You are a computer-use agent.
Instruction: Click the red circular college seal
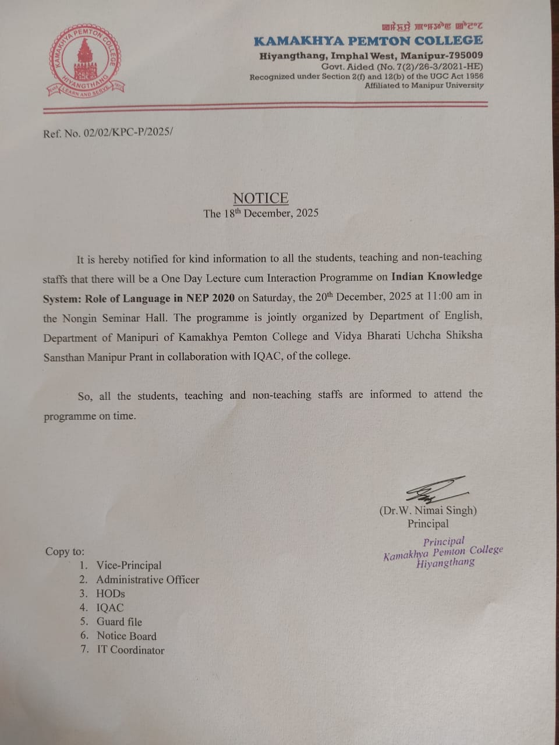tap(85, 61)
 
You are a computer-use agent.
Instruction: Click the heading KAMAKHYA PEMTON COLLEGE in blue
tap(368, 41)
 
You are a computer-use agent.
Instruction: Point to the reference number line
tap(108, 133)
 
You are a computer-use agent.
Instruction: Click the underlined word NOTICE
tap(261, 198)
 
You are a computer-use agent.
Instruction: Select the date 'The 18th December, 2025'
tap(261, 213)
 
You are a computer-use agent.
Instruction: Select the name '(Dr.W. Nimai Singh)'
tap(428, 510)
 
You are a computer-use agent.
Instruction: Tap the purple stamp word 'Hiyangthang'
tap(445, 563)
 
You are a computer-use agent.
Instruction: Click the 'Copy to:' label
tap(65, 551)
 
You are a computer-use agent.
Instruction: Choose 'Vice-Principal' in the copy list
tap(129, 565)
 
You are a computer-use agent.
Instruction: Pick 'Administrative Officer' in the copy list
tap(147, 580)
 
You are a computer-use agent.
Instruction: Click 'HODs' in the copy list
tap(111, 594)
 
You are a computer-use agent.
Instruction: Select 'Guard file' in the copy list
tap(119, 622)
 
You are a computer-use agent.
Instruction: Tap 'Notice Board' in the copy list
tap(126, 636)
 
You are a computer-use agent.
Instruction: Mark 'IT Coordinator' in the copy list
tap(130, 650)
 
